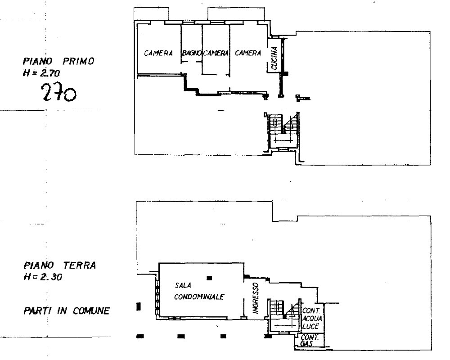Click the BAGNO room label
(x=192, y=53)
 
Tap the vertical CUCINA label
(x=274, y=58)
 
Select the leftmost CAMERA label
(x=158, y=54)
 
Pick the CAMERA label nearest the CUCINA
(x=248, y=53)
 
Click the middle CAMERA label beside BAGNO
(x=216, y=53)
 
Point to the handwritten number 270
(x=59, y=92)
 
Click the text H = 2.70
(x=41, y=73)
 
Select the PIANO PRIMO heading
(x=58, y=62)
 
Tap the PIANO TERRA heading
(x=60, y=265)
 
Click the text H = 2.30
(x=43, y=277)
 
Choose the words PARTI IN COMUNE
(x=67, y=311)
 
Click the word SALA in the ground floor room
(x=183, y=285)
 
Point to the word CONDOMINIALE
(x=199, y=297)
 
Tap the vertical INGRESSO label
(x=256, y=298)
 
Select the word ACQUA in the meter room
(x=312, y=318)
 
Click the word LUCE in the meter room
(x=310, y=326)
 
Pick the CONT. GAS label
(x=309, y=341)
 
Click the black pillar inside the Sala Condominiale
(x=210, y=278)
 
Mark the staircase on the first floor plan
(x=283, y=131)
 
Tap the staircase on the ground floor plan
(x=284, y=316)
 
